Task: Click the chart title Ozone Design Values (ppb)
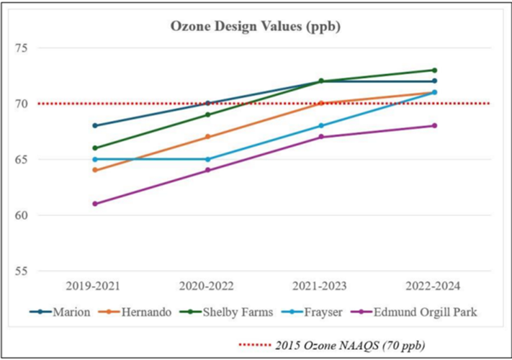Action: point(255,27)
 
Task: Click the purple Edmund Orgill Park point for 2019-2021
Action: point(94,204)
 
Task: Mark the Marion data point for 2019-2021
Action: point(94,126)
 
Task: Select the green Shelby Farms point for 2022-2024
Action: point(434,70)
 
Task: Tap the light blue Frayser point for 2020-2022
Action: point(207,159)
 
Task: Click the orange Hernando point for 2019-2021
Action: point(94,171)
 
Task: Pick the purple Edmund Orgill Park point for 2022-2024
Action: point(434,126)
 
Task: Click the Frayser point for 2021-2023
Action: point(321,126)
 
